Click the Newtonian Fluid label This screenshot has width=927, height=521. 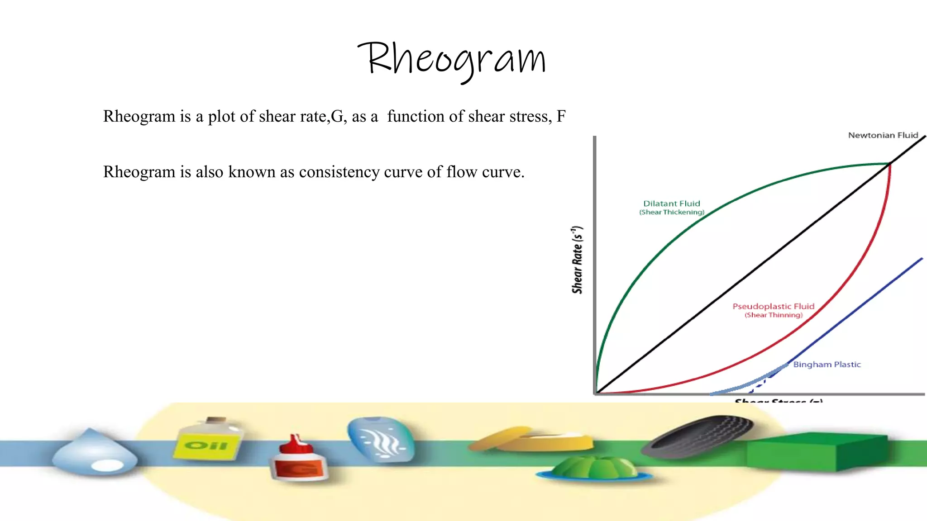coord(883,135)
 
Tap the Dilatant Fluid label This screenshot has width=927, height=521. coord(671,204)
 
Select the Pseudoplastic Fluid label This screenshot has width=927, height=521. coord(773,306)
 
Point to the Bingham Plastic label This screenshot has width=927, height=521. coord(827,365)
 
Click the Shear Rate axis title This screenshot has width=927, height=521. coord(577,260)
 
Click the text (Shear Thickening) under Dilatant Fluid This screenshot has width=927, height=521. coord(671,213)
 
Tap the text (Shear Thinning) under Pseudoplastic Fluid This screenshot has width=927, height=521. coord(773,315)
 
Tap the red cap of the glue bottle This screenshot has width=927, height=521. coord(296,445)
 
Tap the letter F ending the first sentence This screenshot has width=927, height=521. coord(561,117)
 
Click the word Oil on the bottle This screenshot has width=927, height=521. coord(206,445)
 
